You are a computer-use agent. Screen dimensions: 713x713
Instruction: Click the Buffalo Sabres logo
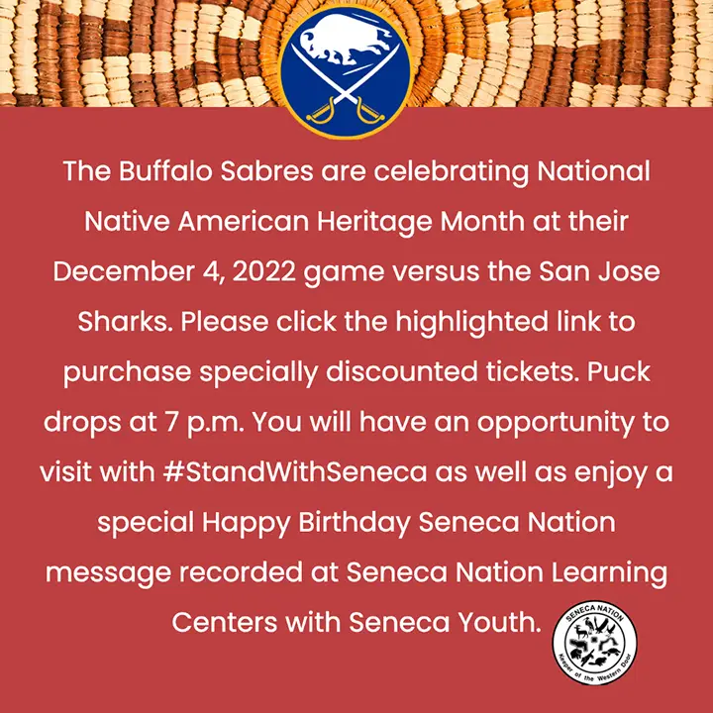point(346,72)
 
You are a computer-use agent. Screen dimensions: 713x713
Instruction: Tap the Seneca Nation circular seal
point(594,643)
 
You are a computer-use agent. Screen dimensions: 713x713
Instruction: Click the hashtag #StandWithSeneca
point(295,471)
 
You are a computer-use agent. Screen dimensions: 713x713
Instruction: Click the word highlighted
point(471,323)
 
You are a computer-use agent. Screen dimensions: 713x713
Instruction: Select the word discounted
point(401,372)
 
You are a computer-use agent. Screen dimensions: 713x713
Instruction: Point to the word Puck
point(618,372)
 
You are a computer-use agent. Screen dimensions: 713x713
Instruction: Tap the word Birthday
point(355,522)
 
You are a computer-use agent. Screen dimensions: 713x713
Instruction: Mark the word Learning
point(609,573)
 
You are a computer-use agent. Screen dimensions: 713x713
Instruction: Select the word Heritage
point(374,223)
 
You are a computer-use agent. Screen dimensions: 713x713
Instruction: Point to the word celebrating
point(452,172)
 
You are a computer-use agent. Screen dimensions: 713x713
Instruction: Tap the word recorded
point(241,572)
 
